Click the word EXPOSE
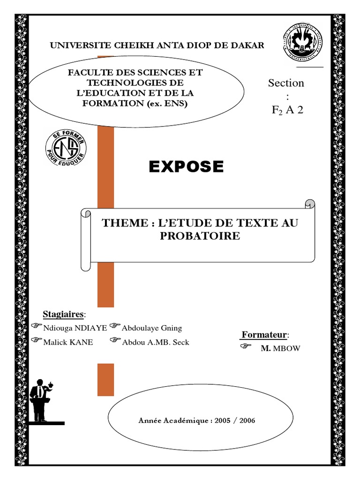click(x=186, y=166)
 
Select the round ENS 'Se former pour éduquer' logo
click(x=66, y=151)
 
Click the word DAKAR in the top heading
click(x=248, y=45)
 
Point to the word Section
click(x=286, y=83)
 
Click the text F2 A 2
click(x=287, y=110)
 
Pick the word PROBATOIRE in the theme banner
click(x=200, y=236)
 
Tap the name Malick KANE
click(x=68, y=342)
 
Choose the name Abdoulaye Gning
click(x=151, y=328)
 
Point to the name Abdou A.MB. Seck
click(x=155, y=342)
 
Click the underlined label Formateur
click(x=264, y=335)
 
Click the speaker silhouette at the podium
click(x=41, y=400)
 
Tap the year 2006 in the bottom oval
click(x=247, y=420)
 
